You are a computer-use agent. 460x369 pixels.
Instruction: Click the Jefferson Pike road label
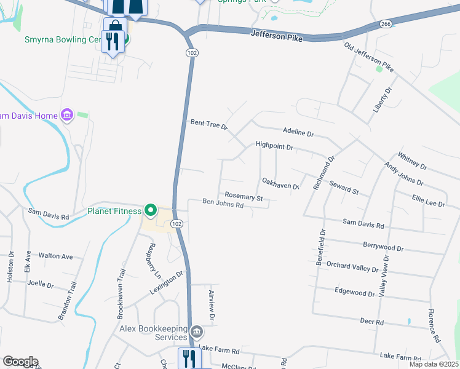[277, 35]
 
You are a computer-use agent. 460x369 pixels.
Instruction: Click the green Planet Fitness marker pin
[150, 210]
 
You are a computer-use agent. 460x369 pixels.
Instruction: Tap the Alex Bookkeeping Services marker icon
[196, 333]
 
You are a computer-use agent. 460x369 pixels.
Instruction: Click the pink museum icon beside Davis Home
[67, 115]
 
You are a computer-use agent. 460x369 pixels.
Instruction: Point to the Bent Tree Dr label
[209, 125]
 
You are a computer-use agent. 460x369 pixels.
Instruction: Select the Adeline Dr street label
[298, 133]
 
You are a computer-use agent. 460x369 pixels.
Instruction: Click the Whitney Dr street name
[413, 161]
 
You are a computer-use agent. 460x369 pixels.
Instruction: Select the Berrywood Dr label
[383, 247]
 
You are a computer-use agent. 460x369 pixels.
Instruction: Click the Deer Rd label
[372, 322]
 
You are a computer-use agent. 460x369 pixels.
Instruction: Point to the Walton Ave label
[55, 256]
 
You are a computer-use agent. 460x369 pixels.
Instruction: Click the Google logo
[20, 362]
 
